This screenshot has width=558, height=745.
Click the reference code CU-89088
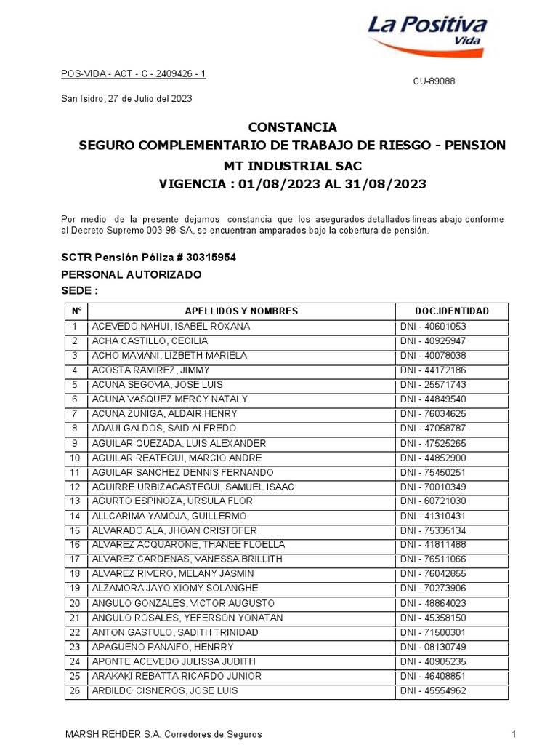tap(434, 81)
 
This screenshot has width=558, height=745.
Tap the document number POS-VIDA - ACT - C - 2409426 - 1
tap(133, 74)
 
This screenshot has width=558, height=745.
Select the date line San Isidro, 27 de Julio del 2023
tap(126, 98)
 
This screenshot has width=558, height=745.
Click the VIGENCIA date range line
tap(292, 184)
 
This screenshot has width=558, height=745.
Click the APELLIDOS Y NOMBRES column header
tap(241, 311)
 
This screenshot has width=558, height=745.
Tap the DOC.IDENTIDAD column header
tap(450, 311)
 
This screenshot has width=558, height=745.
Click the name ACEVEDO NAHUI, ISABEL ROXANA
tap(171, 327)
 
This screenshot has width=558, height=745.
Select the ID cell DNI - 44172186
tap(433, 370)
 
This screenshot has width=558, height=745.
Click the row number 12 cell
tap(74, 487)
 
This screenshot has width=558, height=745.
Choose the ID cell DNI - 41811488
tap(433, 545)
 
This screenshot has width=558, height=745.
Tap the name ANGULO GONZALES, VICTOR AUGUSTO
tap(183, 603)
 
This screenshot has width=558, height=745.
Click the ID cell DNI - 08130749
tap(433, 647)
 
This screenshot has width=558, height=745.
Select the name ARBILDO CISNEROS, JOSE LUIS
tap(165, 690)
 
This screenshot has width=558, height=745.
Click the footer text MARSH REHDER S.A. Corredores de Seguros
tap(163, 735)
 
